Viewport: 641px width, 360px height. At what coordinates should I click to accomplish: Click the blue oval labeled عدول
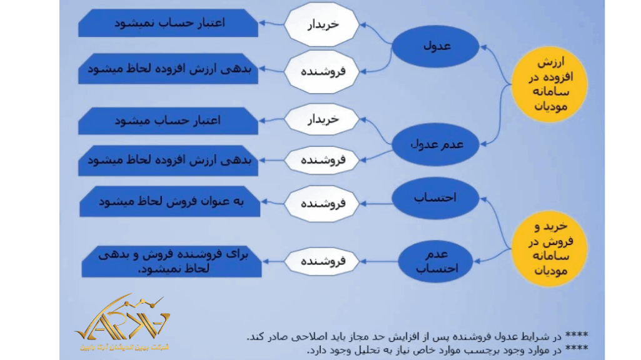[436, 46]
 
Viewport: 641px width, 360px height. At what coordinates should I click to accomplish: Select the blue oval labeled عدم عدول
[436, 144]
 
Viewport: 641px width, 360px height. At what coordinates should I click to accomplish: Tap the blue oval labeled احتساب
[435, 197]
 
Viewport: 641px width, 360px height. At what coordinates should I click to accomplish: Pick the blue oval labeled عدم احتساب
[436, 261]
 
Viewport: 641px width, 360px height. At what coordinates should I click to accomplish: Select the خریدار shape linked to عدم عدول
[321, 119]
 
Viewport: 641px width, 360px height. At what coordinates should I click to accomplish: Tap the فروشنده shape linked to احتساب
[321, 204]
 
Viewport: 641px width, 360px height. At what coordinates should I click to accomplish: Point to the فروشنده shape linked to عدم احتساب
[321, 262]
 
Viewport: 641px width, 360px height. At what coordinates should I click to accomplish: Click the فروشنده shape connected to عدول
[321, 71]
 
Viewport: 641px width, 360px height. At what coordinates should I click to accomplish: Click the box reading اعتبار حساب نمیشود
[168, 23]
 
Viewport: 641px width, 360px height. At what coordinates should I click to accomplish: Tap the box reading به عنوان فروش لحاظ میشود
[169, 202]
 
